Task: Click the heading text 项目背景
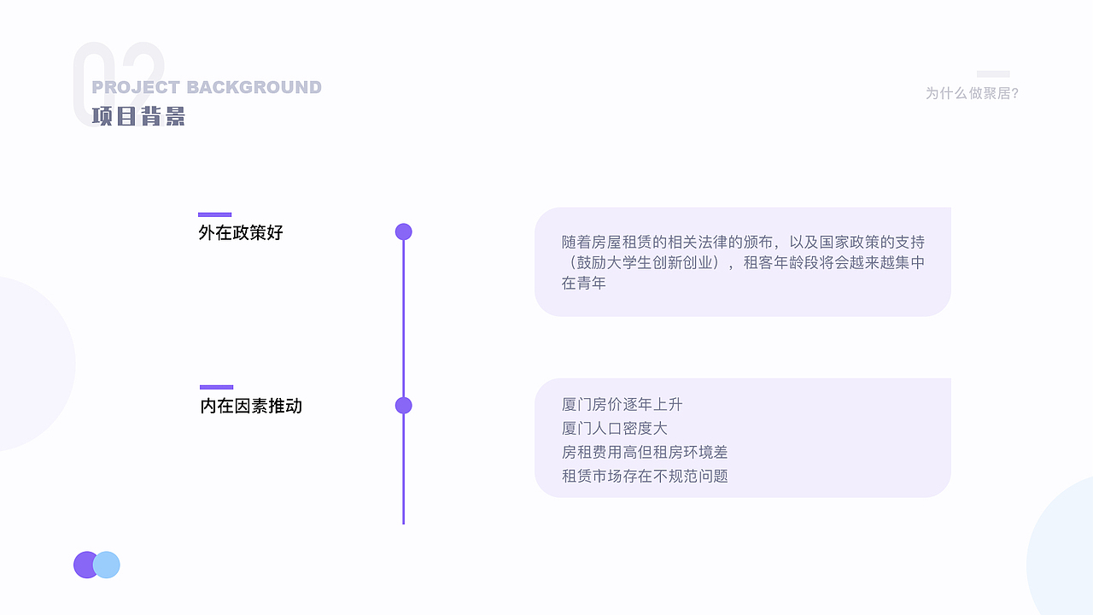[138, 116]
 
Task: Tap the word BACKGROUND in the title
[254, 87]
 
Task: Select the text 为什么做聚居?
[972, 93]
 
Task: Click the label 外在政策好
[241, 232]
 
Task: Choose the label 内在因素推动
[251, 406]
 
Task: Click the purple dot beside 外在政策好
[404, 231]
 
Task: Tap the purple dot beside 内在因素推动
[404, 406]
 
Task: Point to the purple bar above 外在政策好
[215, 214]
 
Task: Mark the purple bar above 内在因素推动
[217, 387]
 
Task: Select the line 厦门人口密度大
[614, 428]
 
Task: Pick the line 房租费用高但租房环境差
[645, 452]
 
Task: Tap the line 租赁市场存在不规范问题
[645, 476]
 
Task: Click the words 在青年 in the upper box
[584, 283]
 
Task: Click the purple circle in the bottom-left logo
[85, 565]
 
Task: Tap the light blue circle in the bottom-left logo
[108, 565]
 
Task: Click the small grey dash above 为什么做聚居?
[993, 74]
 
